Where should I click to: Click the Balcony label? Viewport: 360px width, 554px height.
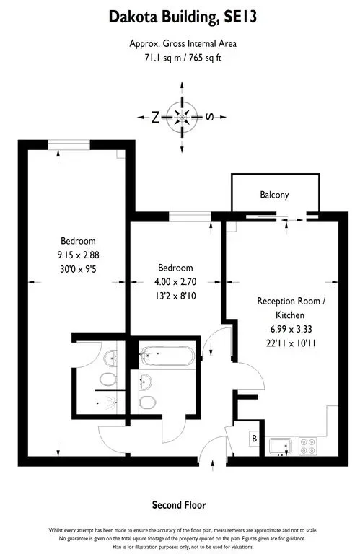coord(274,195)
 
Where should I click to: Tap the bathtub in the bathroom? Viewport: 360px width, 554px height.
coord(167,356)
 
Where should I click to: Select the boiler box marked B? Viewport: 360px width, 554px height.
coord(255,439)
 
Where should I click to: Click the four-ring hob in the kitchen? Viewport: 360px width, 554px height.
coord(308,447)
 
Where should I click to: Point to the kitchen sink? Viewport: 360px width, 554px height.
coord(281,447)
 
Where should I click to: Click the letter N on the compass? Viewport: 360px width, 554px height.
coord(155,118)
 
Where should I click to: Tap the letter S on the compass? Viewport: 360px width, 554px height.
coord(209,117)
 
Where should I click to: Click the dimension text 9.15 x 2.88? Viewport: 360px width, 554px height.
coord(78,255)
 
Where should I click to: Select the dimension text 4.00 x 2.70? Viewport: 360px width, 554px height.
coord(175,281)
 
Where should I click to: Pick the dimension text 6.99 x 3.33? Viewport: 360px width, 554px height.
coord(291,329)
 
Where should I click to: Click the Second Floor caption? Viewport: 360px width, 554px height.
coord(179,505)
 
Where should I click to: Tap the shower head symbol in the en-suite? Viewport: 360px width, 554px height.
coord(111,403)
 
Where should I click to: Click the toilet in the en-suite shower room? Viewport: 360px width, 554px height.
coord(108,379)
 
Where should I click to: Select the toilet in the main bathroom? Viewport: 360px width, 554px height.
coord(147,402)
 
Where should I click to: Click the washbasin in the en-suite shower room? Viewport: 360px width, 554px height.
coord(110,359)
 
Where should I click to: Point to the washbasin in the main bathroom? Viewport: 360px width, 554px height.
coord(145,382)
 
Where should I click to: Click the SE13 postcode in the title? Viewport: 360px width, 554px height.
coord(240,17)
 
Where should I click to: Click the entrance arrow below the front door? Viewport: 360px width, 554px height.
coord(213,465)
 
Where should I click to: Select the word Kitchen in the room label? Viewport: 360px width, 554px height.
coord(290,315)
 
